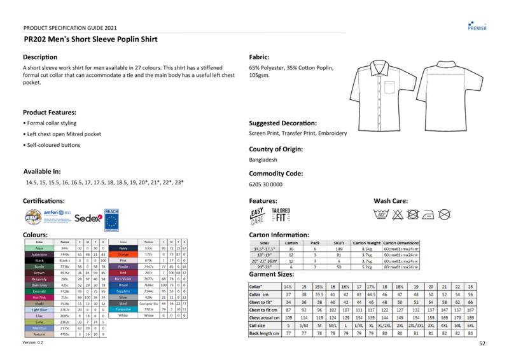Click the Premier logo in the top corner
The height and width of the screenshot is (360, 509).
(x=477, y=25)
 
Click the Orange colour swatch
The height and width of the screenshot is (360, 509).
(x=123, y=254)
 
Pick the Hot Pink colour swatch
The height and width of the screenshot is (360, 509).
(x=39, y=297)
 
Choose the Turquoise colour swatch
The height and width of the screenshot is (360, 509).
(x=123, y=309)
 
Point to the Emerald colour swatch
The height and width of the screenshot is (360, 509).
(x=39, y=291)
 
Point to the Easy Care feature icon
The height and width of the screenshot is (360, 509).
(x=257, y=216)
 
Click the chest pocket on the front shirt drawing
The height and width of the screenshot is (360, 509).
(x=389, y=88)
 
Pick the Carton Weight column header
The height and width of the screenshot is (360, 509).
(x=366, y=243)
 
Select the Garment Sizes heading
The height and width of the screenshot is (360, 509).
(x=272, y=274)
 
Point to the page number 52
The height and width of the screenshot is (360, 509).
(x=482, y=343)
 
